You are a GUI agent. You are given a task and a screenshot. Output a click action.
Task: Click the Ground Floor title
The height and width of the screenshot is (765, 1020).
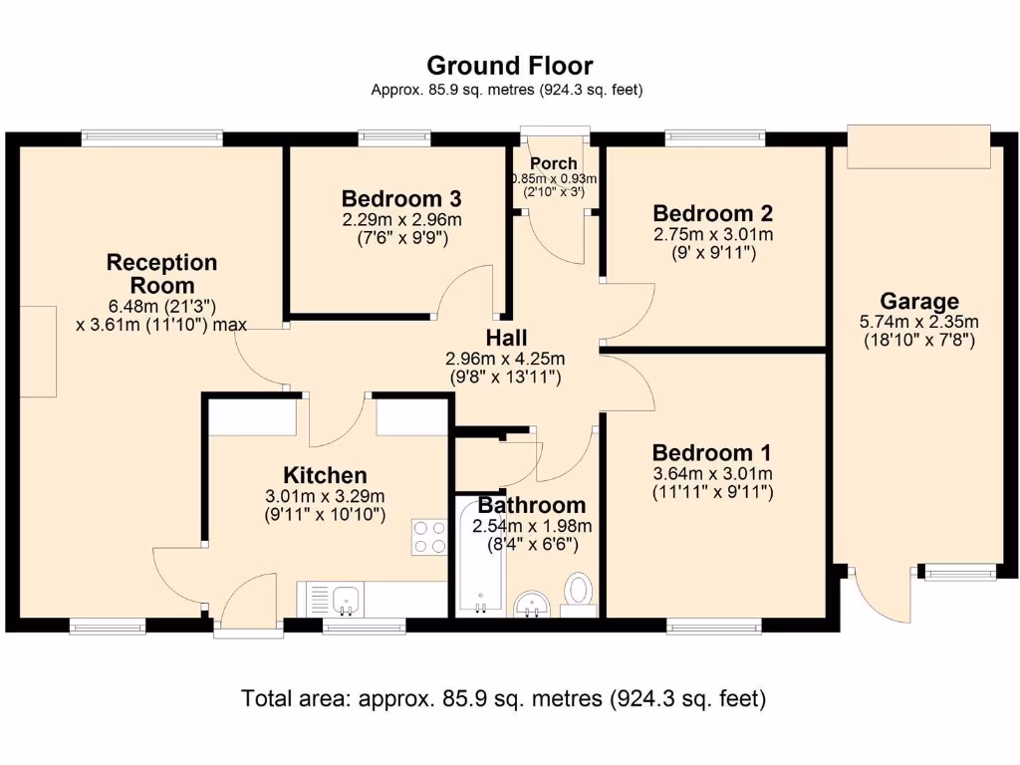pos(509,66)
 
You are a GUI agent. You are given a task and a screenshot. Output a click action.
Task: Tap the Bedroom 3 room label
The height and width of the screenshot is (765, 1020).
pos(401,197)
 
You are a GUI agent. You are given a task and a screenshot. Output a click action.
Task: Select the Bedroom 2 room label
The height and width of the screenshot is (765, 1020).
pos(713,213)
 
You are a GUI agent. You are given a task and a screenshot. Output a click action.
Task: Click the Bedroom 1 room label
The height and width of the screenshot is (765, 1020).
pos(713,452)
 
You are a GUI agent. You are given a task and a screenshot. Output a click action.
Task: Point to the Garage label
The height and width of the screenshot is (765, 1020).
pos(919,301)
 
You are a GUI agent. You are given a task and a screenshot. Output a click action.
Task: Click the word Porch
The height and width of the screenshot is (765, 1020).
pos(553,163)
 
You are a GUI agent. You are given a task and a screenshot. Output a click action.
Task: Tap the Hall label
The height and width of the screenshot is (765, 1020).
pos(506,338)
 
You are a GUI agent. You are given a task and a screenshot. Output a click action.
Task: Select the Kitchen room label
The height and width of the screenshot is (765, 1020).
pos(325,475)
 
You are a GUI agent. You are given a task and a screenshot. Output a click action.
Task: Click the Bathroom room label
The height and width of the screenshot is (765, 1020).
pos(532,505)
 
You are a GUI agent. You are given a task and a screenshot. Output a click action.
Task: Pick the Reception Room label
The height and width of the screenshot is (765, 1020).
pos(161,274)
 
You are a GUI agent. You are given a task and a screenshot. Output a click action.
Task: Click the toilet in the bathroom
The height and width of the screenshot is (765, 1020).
pos(578,590)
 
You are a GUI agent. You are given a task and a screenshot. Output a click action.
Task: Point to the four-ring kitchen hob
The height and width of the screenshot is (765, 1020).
pos(428,537)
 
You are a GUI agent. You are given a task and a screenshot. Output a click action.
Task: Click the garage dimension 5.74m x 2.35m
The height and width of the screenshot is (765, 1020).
pos(919,322)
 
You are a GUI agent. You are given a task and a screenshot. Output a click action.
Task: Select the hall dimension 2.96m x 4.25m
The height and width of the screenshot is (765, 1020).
pos(506,359)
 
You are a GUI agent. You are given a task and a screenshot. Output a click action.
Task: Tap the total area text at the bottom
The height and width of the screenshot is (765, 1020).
pos(503,698)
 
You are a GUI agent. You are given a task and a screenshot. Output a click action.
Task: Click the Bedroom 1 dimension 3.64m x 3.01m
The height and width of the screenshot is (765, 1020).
pos(713,474)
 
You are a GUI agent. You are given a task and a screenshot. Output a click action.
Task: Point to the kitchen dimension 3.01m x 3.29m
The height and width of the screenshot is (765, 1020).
pos(325,497)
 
